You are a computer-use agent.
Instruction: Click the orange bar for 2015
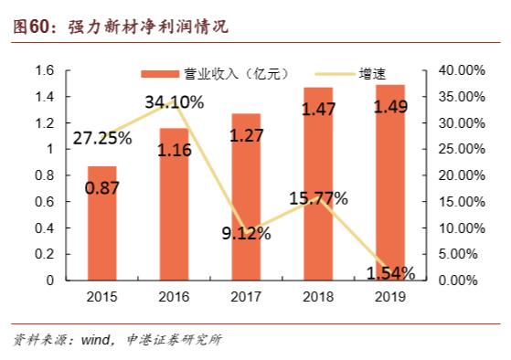click(x=102, y=223)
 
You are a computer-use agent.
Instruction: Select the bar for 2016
click(x=174, y=205)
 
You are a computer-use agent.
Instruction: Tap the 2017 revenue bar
click(x=246, y=197)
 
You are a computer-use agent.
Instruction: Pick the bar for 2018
click(x=318, y=184)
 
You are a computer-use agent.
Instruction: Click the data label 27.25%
click(x=102, y=138)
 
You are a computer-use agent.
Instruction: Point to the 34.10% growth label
click(x=175, y=102)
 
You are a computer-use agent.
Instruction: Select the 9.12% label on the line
click(x=247, y=233)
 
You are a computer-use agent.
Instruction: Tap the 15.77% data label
click(x=318, y=198)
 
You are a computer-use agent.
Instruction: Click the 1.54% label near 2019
click(x=390, y=273)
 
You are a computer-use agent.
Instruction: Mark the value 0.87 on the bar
click(x=102, y=188)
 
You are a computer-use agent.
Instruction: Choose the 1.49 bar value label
click(x=390, y=107)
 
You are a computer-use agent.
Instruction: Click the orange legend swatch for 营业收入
click(x=160, y=74)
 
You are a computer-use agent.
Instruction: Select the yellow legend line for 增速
click(x=335, y=74)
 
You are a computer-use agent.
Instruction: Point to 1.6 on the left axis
click(x=44, y=70)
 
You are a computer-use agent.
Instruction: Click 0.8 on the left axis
click(x=44, y=175)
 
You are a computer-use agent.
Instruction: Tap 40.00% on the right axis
click(x=462, y=70)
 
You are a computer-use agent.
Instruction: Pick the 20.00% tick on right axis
click(x=462, y=175)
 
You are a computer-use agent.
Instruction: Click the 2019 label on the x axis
click(x=390, y=296)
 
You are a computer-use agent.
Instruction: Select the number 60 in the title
click(x=38, y=26)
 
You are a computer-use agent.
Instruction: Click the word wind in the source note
click(x=96, y=340)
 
